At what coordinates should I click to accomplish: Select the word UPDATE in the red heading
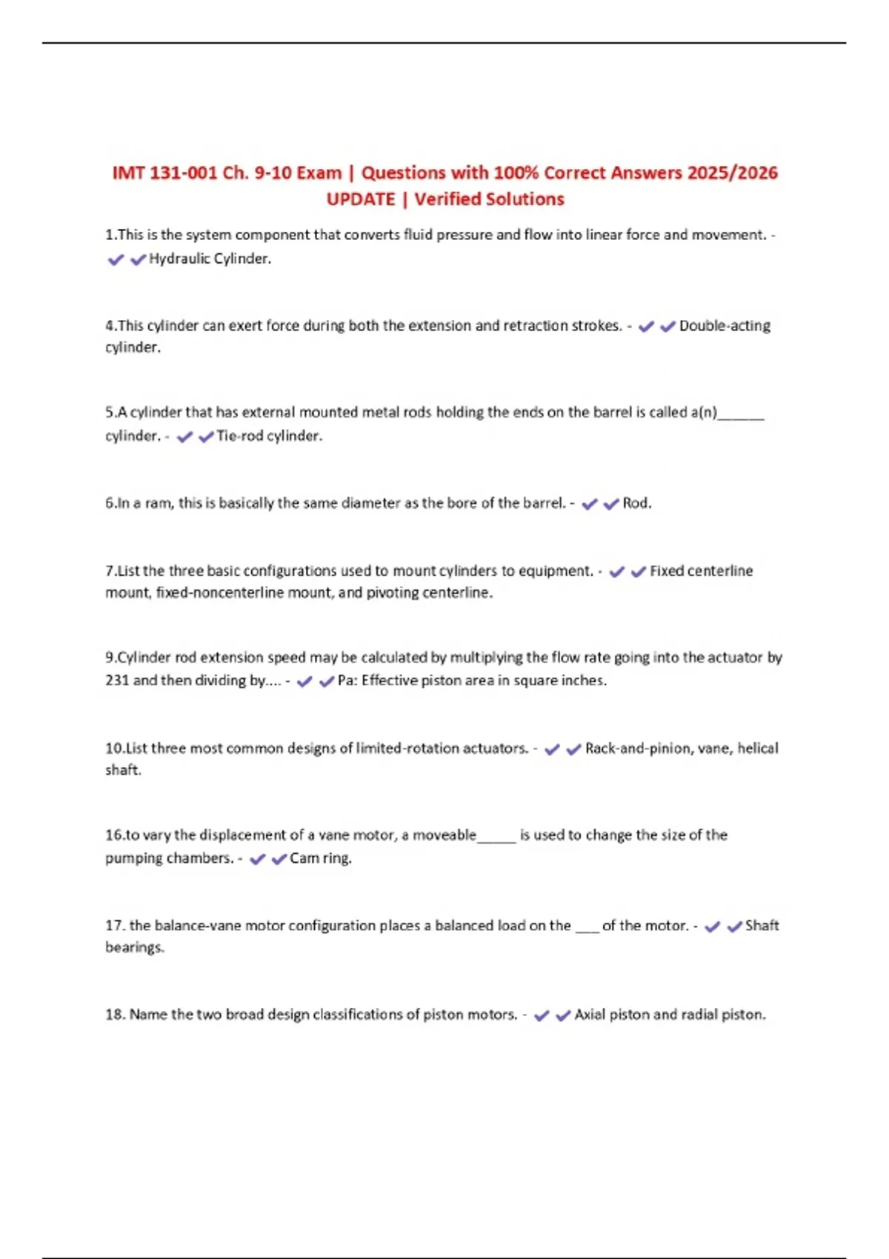pyautogui.click(x=361, y=200)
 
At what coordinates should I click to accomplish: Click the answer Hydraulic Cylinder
pyautogui.click(x=210, y=259)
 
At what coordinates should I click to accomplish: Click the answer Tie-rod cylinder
pyautogui.click(x=269, y=436)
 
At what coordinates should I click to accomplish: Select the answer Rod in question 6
pyautogui.click(x=636, y=504)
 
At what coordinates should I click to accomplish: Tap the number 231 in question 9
pyautogui.click(x=117, y=681)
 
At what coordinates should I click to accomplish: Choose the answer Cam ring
pyautogui.click(x=320, y=858)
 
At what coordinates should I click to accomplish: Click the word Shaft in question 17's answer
pyautogui.click(x=762, y=926)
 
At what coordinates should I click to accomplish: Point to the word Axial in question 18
pyautogui.click(x=590, y=1015)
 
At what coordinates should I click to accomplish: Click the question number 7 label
pyautogui.click(x=110, y=571)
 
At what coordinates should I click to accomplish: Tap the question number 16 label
pyautogui.click(x=113, y=835)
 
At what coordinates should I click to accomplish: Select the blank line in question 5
pyautogui.click(x=741, y=417)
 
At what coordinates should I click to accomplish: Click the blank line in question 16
pyautogui.click(x=496, y=840)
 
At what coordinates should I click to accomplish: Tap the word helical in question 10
pyautogui.click(x=757, y=749)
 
